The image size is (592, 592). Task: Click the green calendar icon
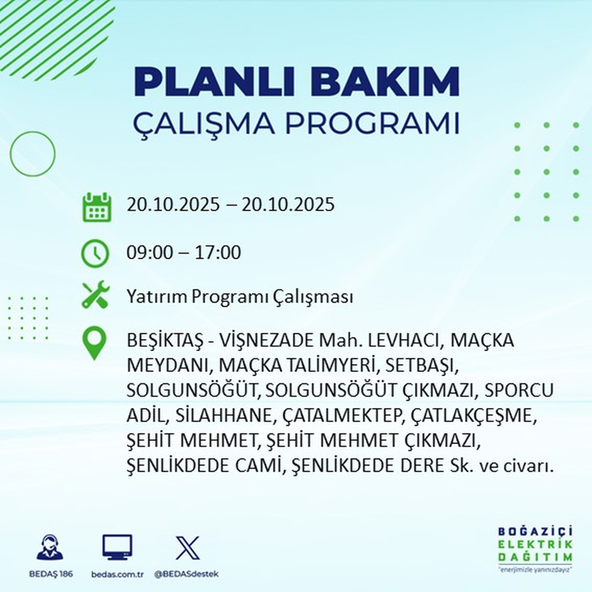pyautogui.click(x=96, y=206)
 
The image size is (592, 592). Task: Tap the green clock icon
pyautogui.click(x=96, y=253)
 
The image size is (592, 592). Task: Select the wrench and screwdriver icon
pyautogui.click(x=95, y=295)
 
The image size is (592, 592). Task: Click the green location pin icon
pyautogui.click(x=95, y=344)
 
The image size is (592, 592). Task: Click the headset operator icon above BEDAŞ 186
pyautogui.click(x=50, y=547)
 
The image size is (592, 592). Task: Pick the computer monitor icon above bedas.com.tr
pyautogui.click(x=116, y=547)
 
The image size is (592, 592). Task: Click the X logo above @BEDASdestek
pyautogui.click(x=187, y=547)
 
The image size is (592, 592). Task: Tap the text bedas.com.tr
pyautogui.click(x=116, y=574)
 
